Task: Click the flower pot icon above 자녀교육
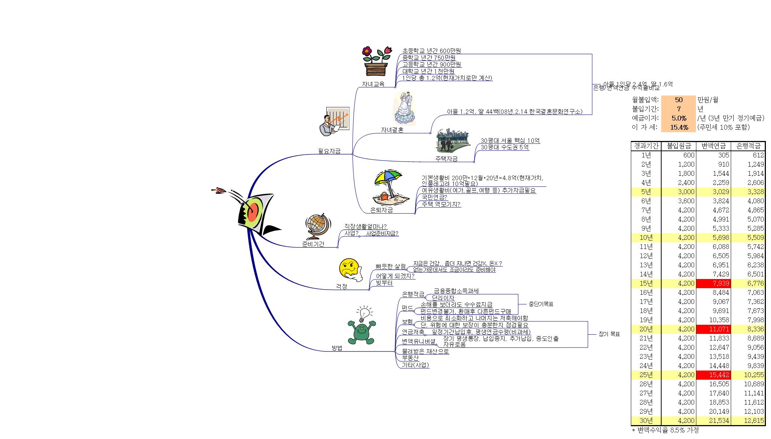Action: (375, 62)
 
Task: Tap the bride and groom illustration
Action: (405, 108)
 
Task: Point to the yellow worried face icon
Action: (350, 270)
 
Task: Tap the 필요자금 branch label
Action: (329, 151)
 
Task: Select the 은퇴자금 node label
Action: (381, 210)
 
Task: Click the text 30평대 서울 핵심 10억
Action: (510, 141)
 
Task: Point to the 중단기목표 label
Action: (541, 304)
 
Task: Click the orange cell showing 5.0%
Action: (678, 118)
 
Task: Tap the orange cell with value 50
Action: (678, 100)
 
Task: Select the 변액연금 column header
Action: (713, 146)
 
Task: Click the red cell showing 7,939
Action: (713, 283)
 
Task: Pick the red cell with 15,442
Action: (713, 375)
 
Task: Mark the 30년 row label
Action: (646, 421)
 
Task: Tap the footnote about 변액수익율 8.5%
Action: (665, 430)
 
